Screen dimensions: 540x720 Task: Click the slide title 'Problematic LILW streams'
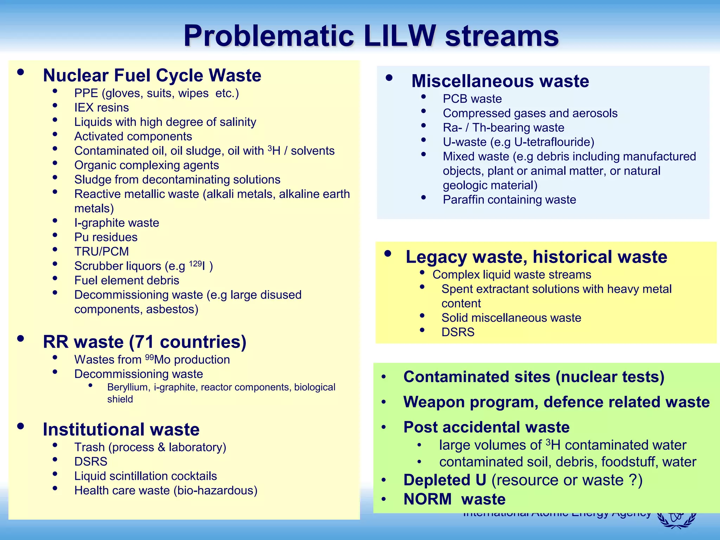[371, 36]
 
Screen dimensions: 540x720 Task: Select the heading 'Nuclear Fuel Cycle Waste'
[152, 75]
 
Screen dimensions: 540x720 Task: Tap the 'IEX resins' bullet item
[102, 108]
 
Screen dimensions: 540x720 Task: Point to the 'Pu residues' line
[106, 237]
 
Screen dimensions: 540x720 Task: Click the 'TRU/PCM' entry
[102, 252]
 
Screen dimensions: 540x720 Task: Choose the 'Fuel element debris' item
[127, 281]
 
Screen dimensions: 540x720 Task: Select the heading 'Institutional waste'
[121, 429]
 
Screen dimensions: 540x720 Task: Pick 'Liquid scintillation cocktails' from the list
[146, 476]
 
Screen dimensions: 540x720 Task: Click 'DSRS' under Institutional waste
[91, 462]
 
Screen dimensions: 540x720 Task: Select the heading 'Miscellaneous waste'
[500, 81]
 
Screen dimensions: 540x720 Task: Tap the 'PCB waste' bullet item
[472, 99]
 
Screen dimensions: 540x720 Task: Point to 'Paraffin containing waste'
[509, 200]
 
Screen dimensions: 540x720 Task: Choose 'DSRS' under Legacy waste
[458, 332]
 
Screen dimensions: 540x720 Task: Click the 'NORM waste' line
[454, 499]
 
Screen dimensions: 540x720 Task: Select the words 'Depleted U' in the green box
[445, 480]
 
